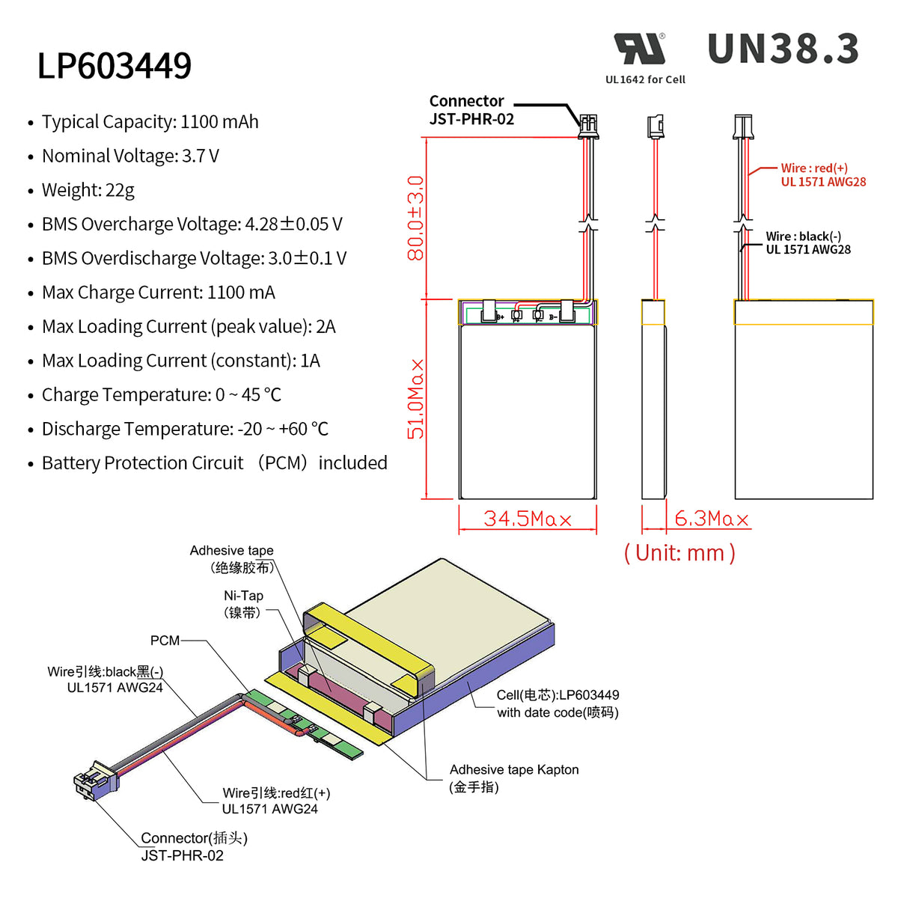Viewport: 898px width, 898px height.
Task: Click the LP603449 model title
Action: coord(114,66)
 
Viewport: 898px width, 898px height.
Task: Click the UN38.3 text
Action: coord(783,49)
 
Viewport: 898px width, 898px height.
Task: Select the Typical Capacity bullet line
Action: coord(150,122)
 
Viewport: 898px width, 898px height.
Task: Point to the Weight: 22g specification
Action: coord(88,190)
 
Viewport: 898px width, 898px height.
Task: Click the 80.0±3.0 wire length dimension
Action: coord(415,218)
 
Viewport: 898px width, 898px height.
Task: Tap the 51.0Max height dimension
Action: coord(415,398)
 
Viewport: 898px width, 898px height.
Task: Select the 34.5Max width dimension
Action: coord(527,519)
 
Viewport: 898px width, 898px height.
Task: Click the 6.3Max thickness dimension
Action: coord(711,519)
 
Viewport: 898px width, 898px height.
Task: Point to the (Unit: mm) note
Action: coord(679,553)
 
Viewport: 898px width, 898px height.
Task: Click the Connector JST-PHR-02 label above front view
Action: coord(471,110)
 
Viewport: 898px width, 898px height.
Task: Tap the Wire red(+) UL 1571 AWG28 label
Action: coord(822,175)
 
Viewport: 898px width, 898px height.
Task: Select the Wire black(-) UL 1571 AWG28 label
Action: coord(807,243)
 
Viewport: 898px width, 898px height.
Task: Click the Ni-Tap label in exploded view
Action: coord(243,604)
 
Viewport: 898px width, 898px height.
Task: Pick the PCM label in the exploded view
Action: coord(165,641)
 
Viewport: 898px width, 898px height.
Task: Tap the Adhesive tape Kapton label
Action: coord(513,778)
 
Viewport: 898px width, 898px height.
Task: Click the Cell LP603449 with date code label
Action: coord(558,703)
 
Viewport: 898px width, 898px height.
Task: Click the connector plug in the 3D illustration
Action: coord(96,781)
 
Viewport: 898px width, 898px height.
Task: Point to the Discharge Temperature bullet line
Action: coord(185,430)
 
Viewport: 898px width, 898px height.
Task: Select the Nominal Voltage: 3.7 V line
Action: coord(130,156)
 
